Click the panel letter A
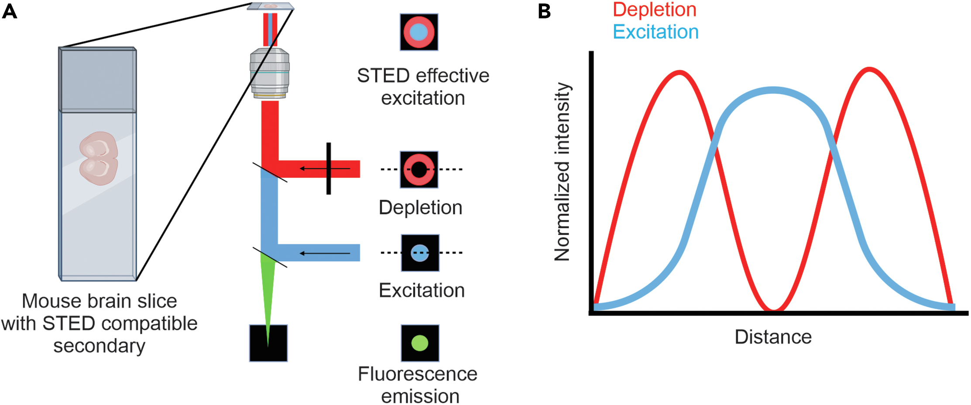[10, 11]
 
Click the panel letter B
[544, 11]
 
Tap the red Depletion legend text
[654, 10]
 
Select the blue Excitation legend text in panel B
[655, 32]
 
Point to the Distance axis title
[773, 337]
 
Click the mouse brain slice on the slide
[99, 158]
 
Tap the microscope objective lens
[269, 73]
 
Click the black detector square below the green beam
[268, 343]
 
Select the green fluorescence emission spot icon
[420, 343]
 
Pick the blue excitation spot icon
[420, 253]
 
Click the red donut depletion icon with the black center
[419, 170]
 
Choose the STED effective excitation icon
[419, 32]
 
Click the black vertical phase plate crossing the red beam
[329, 168]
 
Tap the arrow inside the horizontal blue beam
[325, 253]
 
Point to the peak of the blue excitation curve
[773, 90]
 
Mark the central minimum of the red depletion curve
[773, 309]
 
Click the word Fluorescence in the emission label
[417, 374]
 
